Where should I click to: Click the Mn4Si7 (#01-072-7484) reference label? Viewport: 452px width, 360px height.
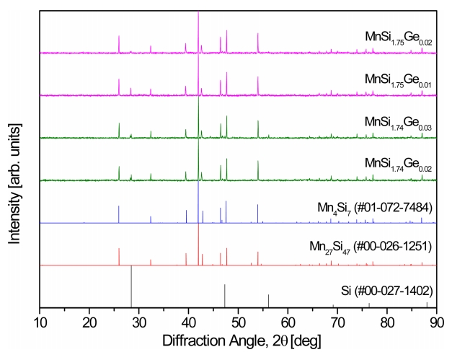pyautogui.click(x=375, y=208)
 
